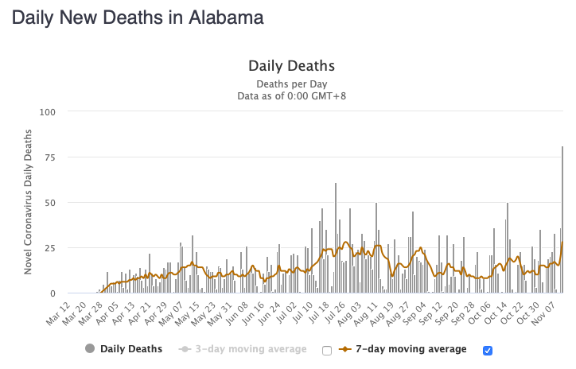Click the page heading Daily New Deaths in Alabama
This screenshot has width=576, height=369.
click(138, 17)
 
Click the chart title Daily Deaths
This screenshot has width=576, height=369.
click(291, 66)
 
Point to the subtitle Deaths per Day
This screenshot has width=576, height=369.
click(291, 84)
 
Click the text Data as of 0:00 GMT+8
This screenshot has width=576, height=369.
click(291, 96)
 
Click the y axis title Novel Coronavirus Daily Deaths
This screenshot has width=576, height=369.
click(29, 202)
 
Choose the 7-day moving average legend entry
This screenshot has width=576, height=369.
click(404, 349)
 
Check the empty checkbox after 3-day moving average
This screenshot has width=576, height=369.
click(327, 350)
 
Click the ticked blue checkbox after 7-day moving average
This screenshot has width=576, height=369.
click(488, 350)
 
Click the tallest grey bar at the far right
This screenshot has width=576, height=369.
click(562, 219)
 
